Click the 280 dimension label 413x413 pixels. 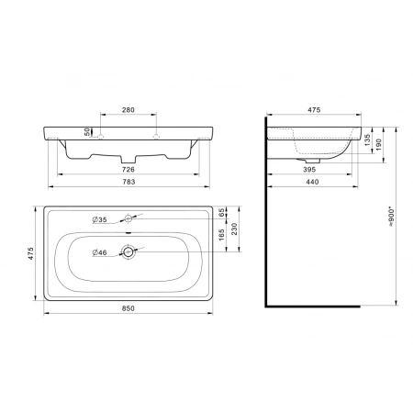tap(128, 110)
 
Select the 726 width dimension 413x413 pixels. tap(128, 169)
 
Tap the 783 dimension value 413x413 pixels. tap(128, 182)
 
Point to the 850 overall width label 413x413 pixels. tap(128, 308)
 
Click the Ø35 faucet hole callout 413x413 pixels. tap(99, 219)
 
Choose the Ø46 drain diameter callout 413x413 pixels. tap(99, 252)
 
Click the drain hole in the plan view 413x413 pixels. tap(128, 251)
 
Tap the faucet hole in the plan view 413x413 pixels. tap(128, 218)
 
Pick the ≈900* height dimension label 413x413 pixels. tap(392, 218)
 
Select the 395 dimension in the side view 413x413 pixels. tap(309, 169)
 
